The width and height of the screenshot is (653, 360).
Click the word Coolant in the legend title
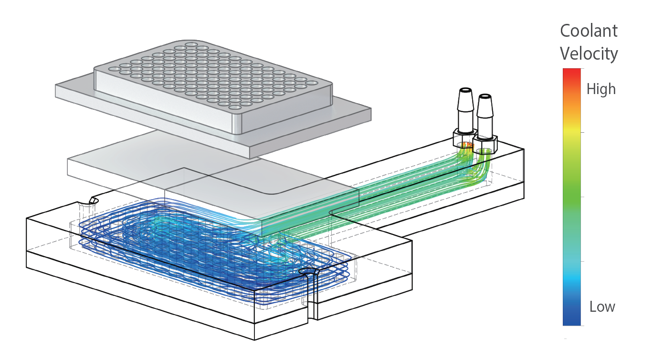pyautogui.click(x=589, y=31)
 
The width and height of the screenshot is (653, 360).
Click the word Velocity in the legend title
pyautogui.click(x=589, y=53)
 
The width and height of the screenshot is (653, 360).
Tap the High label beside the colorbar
pyautogui.click(x=601, y=89)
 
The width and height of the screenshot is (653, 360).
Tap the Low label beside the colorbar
pyautogui.click(x=602, y=307)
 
